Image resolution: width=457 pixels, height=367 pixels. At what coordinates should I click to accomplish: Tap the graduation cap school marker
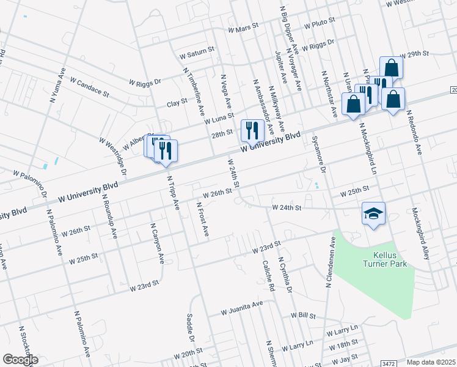373,213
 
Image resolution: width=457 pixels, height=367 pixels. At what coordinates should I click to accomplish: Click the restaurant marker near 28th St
252,130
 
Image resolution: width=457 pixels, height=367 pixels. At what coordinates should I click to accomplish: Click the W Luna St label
219,118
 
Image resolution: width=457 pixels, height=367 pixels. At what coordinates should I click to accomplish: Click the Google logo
20,359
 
